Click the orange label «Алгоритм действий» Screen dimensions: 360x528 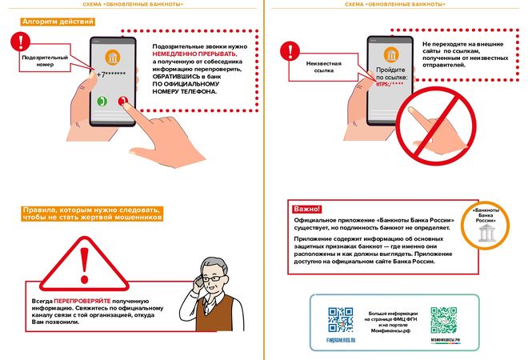pos(58,22)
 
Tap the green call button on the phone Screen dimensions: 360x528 pos(102,102)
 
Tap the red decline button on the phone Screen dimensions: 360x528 pos(122,102)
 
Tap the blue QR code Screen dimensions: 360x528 pos(340,320)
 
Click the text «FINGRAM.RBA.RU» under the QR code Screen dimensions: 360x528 pos(340,341)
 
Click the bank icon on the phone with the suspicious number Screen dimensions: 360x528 pos(113,55)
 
